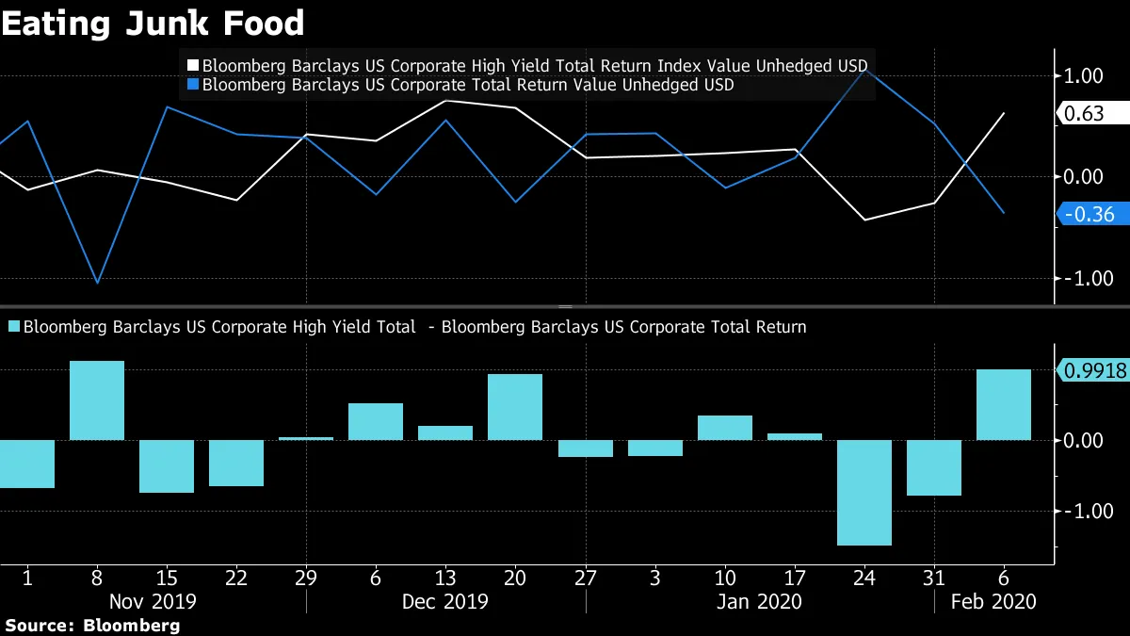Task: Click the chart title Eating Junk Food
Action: point(153,23)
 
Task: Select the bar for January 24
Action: point(864,492)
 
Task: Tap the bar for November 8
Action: point(97,400)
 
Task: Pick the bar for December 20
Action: point(515,407)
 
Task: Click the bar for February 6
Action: point(1003,404)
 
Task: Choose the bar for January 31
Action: point(934,467)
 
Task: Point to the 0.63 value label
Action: point(1090,114)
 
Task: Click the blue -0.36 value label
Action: point(1090,215)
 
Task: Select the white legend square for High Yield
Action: point(193,65)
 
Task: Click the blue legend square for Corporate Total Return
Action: point(193,85)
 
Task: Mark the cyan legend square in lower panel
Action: point(13,327)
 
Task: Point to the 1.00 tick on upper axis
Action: point(1084,76)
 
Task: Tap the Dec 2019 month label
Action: point(445,601)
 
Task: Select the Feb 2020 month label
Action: point(993,601)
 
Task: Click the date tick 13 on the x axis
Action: point(445,576)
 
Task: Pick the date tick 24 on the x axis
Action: point(864,576)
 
